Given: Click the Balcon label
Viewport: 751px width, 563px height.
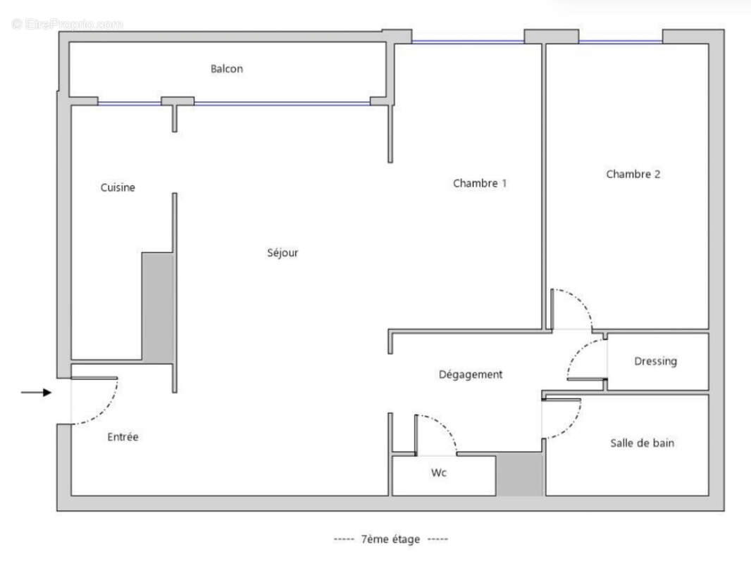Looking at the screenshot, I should (x=226, y=69).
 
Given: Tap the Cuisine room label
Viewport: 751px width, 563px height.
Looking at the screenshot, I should (x=118, y=188).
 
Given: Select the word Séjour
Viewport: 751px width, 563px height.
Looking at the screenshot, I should (x=283, y=253).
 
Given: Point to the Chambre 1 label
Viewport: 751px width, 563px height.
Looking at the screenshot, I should (x=480, y=184).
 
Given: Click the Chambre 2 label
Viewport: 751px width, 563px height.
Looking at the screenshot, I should (x=633, y=175).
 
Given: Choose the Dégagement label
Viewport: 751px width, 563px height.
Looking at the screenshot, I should (x=471, y=375).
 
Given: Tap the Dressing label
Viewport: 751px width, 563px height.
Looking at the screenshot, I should (x=655, y=362).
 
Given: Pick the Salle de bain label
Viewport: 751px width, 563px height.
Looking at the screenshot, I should (x=641, y=443).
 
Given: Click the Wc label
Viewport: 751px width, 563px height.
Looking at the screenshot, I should (x=439, y=473).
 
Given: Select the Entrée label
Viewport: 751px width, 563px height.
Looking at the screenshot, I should (x=123, y=437).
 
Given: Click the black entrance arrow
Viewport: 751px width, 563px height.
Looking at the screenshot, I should (x=37, y=393).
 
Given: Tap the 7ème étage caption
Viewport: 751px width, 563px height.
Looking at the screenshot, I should (x=390, y=539).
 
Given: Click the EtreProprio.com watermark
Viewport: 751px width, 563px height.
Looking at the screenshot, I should (x=67, y=24).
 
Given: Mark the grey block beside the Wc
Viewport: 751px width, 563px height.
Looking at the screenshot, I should (x=519, y=475).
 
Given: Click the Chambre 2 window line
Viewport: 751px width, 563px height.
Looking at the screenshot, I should (x=620, y=42).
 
